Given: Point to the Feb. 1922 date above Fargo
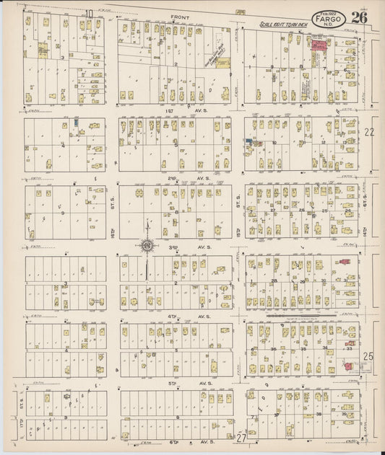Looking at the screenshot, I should point(326,12).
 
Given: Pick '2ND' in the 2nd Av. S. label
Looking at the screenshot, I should point(173,177).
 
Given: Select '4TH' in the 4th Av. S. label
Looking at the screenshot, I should point(173,316).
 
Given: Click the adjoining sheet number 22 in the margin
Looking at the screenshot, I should point(370,132).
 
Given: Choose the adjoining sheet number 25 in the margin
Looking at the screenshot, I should point(370,355).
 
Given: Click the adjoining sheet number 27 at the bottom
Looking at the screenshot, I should point(241,438).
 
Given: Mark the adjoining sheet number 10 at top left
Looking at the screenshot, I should point(88,13).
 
